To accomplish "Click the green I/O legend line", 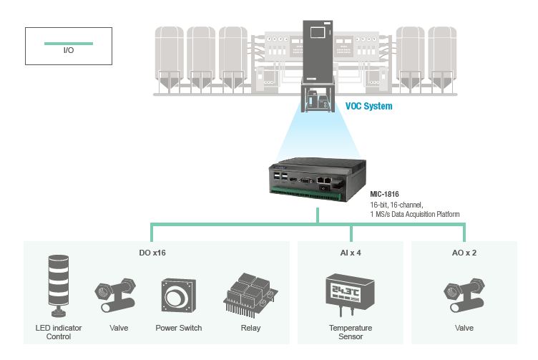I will coord(68,44).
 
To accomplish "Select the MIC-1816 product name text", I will coord(384,194).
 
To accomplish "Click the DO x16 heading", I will coord(152,252).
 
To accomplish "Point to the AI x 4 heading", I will coord(350,252).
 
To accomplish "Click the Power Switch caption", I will coord(178,329).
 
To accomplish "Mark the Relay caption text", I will coord(250,329).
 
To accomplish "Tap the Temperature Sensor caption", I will coord(351,332).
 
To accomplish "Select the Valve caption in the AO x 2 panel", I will coord(464,329).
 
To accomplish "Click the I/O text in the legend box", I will coord(69,52).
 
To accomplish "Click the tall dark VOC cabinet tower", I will coord(317,50).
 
